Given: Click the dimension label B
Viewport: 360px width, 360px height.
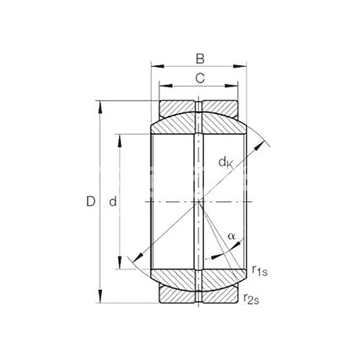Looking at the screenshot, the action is tap(200, 59).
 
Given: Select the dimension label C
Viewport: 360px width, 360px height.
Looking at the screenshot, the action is tap(200, 78).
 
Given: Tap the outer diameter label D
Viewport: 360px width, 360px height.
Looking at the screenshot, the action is tap(91, 202).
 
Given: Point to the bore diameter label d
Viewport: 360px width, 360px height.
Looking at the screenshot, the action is tap(113, 202).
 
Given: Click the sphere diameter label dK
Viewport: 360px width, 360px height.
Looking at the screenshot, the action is tap(226, 163).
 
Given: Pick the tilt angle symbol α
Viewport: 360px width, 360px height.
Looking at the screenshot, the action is tap(231, 236).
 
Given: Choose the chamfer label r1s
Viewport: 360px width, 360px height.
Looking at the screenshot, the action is tap(260, 270).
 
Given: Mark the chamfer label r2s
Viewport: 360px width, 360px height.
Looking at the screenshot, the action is tap(251, 299).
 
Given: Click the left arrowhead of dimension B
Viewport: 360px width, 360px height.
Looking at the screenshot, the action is tap(158, 66).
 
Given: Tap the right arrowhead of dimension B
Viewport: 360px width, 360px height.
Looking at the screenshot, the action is tap(240, 66).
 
